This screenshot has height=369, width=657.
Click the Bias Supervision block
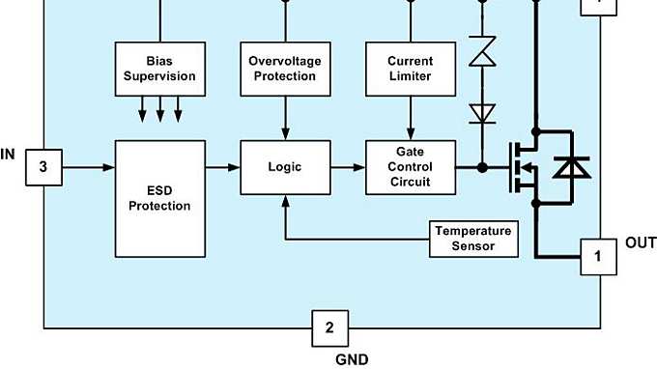pyautogui.click(x=160, y=69)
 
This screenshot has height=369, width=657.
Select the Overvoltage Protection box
pyautogui.click(x=285, y=69)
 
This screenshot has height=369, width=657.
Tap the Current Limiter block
pyautogui.click(x=411, y=69)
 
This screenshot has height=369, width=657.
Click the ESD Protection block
pyautogui.click(x=160, y=198)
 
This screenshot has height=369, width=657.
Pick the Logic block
pyautogui.click(x=285, y=167)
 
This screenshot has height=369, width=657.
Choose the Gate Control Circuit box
pyautogui.click(x=411, y=167)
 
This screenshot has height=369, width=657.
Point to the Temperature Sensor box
pyautogui.click(x=473, y=238)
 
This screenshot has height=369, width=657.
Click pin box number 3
pyautogui.click(x=43, y=167)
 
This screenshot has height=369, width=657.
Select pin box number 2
pyautogui.click(x=329, y=327)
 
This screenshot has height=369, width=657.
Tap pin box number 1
pyautogui.click(x=598, y=257)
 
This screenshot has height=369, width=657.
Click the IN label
pyautogui.click(x=9, y=153)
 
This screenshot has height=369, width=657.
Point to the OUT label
pyautogui.click(x=641, y=241)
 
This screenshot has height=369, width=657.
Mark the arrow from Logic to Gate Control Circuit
pyautogui.click(x=348, y=167)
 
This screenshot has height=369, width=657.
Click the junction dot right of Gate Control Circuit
pyautogui.click(x=481, y=167)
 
